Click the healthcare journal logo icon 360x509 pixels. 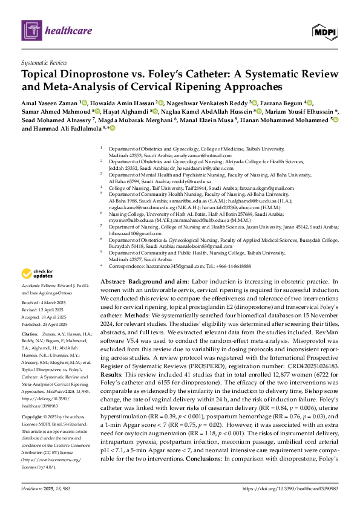click(31, 30)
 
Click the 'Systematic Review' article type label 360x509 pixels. click(44, 63)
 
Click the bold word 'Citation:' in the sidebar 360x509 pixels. click(30, 334)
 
